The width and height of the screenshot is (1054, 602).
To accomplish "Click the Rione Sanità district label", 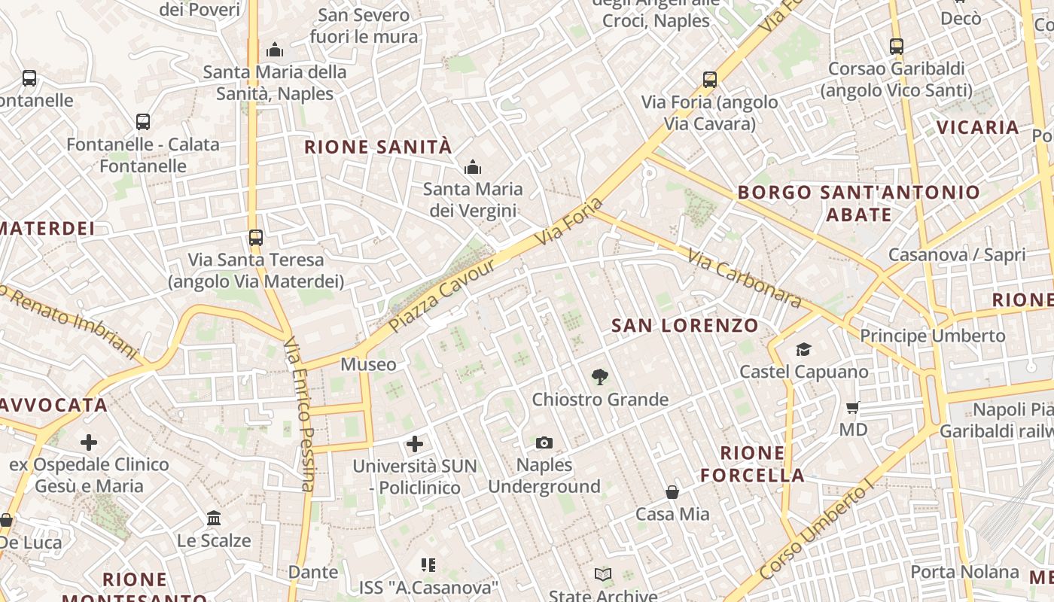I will click(x=378, y=147).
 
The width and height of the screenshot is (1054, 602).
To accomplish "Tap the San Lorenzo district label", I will click(x=684, y=326).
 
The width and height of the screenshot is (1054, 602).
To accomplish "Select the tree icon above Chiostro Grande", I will click(x=600, y=376).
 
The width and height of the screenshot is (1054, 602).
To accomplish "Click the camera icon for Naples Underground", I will click(x=544, y=442).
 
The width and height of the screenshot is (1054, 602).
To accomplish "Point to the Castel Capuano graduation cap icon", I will click(x=803, y=349).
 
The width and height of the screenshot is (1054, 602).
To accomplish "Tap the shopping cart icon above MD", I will click(x=853, y=408).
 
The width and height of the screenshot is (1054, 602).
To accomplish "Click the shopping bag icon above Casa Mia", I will click(x=672, y=492).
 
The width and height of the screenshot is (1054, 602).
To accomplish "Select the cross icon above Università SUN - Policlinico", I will click(x=415, y=443).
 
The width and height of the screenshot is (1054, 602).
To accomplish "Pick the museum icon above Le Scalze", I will click(x=214, y=518).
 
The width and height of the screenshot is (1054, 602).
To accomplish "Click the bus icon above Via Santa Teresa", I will click(x=256, y=238).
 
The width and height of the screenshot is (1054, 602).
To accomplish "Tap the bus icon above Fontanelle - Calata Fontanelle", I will click(x=143, y=121).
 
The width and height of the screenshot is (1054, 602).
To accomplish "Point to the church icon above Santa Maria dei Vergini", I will click(x=473, y=167).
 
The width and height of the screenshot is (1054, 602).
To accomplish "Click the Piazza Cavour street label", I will click(x=443, y=296).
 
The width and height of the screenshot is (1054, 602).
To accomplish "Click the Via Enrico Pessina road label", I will click(x=299, y=414).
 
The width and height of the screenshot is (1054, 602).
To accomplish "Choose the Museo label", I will click(x=368, y=365).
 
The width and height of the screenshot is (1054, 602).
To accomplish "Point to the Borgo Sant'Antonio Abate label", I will click(x=858, y=203).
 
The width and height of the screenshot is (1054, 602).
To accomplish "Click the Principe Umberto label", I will click(x=932, y=336).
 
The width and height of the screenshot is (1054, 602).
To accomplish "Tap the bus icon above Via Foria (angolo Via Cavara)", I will click(x=709, y=80).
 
